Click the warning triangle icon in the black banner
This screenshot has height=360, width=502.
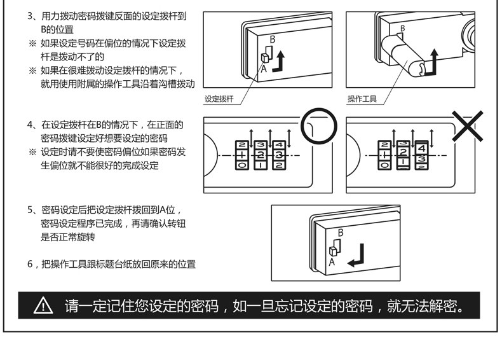43,307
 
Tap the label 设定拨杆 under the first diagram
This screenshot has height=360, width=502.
219,99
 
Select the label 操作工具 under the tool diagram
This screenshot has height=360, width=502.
362,99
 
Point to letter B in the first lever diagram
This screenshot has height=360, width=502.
272,39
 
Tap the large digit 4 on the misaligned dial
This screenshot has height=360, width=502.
421,148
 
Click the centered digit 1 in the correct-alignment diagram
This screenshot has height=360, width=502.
243,155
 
